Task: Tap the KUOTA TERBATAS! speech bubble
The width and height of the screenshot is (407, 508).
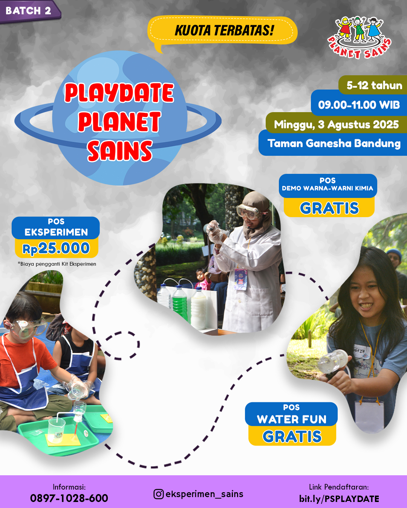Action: (222, 31)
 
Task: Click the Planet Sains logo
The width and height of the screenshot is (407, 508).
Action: (359, 38)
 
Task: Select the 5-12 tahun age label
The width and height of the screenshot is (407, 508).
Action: (374, 85)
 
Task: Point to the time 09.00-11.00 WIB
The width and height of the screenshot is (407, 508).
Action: (359, 105)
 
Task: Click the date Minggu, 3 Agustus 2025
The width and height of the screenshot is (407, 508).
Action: (336, 125)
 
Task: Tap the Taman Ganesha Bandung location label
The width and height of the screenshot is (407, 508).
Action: (334, 143)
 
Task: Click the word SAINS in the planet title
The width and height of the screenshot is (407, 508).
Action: (119, 151)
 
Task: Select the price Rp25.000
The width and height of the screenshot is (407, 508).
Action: (56, 248)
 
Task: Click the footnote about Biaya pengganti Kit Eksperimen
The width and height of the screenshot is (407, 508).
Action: (57, 264)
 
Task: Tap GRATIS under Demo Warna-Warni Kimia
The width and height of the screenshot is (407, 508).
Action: (329, 208)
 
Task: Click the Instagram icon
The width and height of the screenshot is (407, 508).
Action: (158, 494)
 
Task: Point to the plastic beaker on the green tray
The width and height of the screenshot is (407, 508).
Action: (57, 430)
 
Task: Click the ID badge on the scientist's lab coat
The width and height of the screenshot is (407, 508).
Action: (241, 279)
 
